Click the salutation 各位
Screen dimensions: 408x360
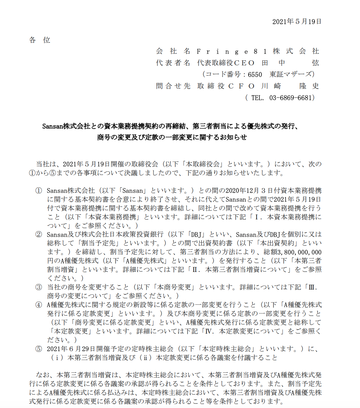[40, 40]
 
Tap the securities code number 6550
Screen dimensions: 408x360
[255, 74]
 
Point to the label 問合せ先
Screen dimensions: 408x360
[173, 86]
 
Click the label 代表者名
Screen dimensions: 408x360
[173, 63]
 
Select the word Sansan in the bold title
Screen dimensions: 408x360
[52, 126]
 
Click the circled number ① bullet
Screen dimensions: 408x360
[39, 191]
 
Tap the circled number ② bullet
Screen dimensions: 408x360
[39, 234]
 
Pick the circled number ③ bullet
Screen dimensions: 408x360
[39, 287]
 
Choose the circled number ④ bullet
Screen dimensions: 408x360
[39, 305]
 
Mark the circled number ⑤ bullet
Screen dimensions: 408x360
[39, 349]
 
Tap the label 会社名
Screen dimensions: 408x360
[173, 51]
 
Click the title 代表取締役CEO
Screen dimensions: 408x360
[226, 63]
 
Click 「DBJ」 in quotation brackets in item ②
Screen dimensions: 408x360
[196, 234]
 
